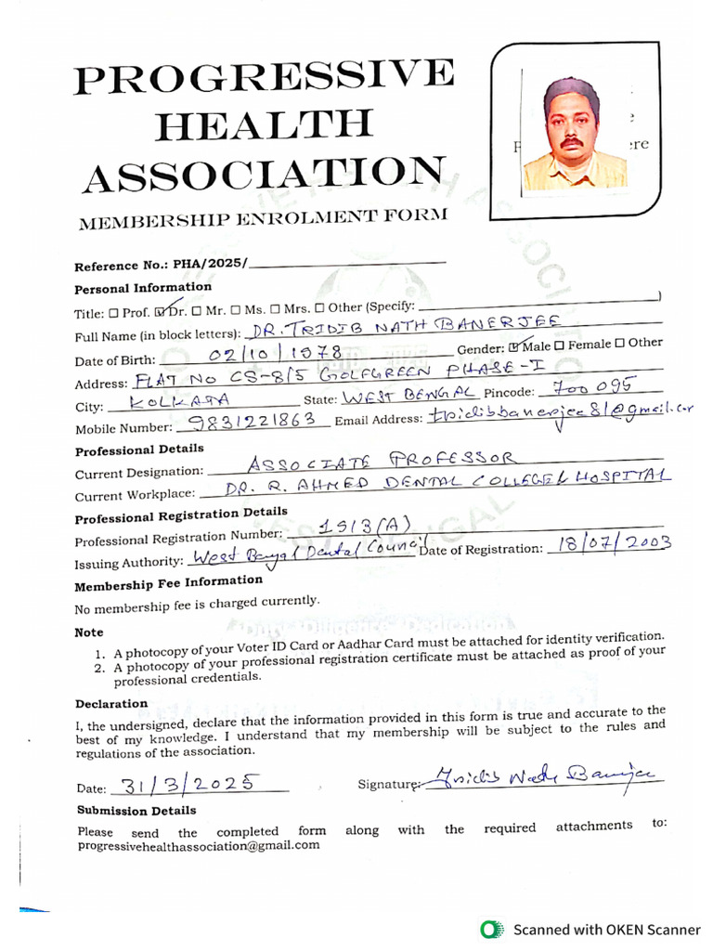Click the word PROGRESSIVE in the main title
point(265,78)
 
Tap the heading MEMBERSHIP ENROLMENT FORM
point(263,219)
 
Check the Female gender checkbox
point(561,345)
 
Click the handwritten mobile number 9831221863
point(251,423)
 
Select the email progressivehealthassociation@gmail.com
point(198,845)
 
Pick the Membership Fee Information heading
point(168,585)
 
